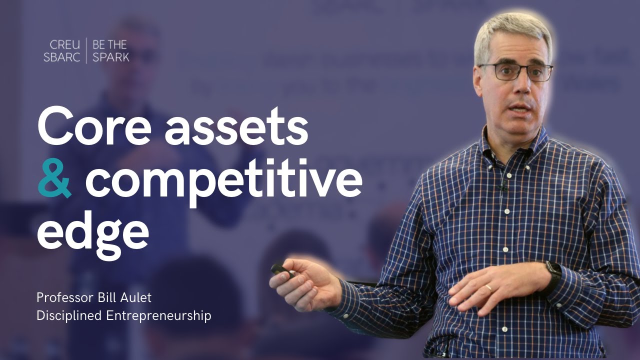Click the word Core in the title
point(93,126)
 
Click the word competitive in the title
point(223,181)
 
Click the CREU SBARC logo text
point(61,50)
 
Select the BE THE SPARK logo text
point(110,50)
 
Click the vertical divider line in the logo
point(86,50)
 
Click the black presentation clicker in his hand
point(282,271)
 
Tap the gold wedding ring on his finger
point(488,287)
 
